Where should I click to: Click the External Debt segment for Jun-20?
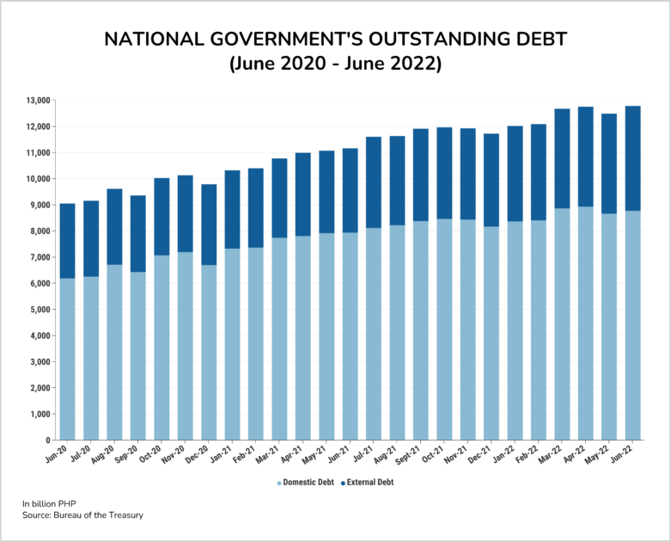(x=67, y=241)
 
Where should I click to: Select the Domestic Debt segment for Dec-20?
(x=209, y=353)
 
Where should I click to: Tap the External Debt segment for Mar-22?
(x=562, y=159)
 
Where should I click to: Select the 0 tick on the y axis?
(x=48, y=440)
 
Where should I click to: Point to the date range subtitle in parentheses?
(x=335, y=65)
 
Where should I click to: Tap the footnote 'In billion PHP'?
(x=53, y=502)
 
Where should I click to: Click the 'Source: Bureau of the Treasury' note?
(x=82, y=514)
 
